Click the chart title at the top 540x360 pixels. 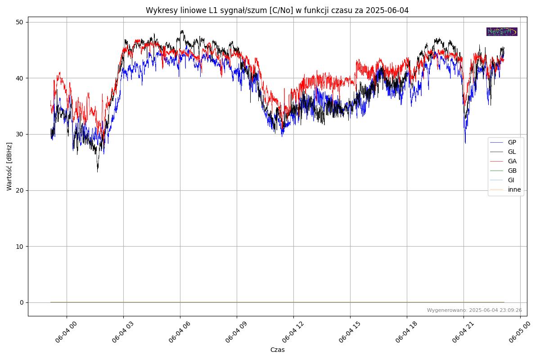pyautogui.click(x=277, y=10)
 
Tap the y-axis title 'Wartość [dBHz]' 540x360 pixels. pyautogui.click(x=9, y=166)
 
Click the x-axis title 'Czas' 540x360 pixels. pyautogui.click(x=277, y=350)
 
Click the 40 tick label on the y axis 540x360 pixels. pyautogui.click(x=20, y=78)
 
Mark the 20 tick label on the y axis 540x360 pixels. pyautogui.click(x=20, y=190)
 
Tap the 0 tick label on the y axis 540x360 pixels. pyautogui.click(x=22, y=302)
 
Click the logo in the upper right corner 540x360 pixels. pyautogui.click(x=502, y=31)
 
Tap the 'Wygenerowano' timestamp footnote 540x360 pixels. pyautogui.click(x=474, y=310)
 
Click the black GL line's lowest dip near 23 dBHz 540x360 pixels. pyautogui.click(x=97, y=171)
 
